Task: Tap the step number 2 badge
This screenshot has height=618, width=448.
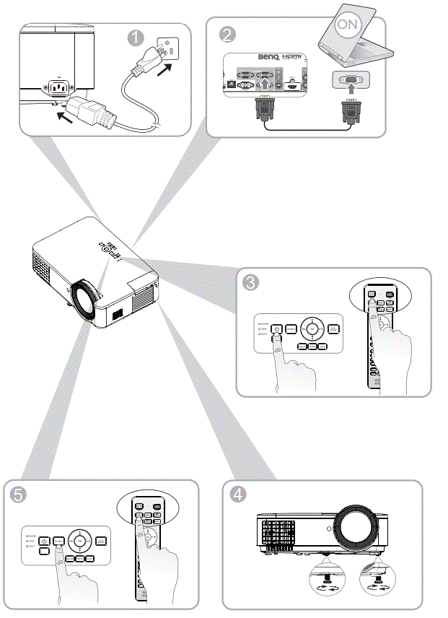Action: point(227,33)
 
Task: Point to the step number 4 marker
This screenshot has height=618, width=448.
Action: point(237,495)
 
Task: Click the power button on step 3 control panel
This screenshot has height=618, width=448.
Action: point(277,329)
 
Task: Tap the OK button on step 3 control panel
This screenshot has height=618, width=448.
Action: point(312,329)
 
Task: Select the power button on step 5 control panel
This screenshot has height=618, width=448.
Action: point(45,541)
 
